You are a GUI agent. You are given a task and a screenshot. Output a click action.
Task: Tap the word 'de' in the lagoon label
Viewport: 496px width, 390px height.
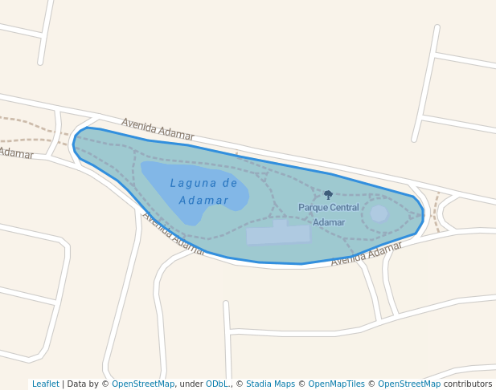[229, 183]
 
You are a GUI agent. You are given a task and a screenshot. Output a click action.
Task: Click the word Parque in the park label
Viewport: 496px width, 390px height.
[313, 208]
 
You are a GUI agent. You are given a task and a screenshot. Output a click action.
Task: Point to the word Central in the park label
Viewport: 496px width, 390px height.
[344, 208]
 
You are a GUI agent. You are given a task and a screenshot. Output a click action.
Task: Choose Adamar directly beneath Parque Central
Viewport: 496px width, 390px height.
[329, 222]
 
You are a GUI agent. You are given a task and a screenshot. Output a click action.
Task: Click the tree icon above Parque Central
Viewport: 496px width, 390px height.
[328, 194]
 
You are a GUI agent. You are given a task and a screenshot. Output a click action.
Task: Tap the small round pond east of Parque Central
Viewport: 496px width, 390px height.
[379, 213]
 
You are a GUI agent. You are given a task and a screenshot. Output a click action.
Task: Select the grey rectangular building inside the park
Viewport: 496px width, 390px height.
[278, 234]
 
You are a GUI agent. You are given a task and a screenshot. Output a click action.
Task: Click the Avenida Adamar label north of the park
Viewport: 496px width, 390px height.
[158, 128]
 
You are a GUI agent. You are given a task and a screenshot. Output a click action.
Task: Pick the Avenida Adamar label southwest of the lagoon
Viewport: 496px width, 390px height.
[173, 234]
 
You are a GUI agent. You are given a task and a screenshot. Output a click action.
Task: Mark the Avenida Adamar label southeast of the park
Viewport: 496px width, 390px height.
[366, 254]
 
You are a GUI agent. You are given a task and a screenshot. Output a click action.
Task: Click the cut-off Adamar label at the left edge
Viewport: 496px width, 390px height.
[16, 153]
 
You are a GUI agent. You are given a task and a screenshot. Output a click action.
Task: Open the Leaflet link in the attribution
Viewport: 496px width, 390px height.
[46, 384]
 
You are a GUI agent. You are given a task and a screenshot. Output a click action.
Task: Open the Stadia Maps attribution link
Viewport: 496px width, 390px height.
[270, 384]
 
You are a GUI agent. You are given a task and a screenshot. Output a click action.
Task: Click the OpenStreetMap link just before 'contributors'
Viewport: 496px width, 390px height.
[408, 384]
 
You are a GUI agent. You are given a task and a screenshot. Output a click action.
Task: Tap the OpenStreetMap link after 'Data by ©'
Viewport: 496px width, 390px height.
[143, 384]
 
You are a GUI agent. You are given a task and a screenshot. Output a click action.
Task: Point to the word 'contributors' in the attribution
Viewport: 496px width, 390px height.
[467, 384]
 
